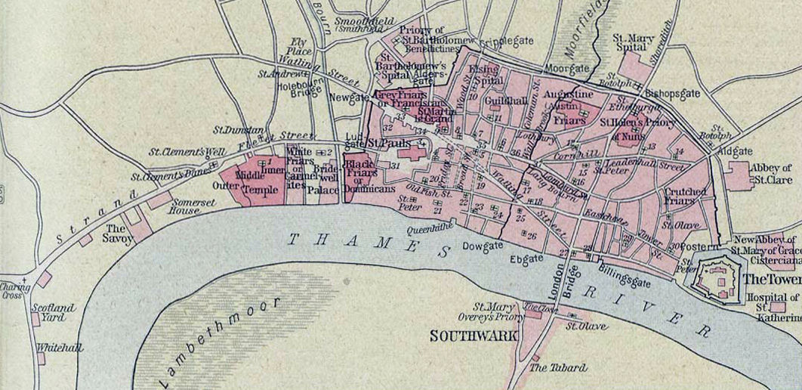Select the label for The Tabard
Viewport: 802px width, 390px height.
click(557, 368)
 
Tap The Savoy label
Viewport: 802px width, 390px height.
click(119, 233)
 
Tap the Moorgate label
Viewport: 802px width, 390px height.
click(567, 69)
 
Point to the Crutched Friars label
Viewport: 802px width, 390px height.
click(684, 197)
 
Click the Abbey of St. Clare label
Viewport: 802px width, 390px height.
click(770, 173)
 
